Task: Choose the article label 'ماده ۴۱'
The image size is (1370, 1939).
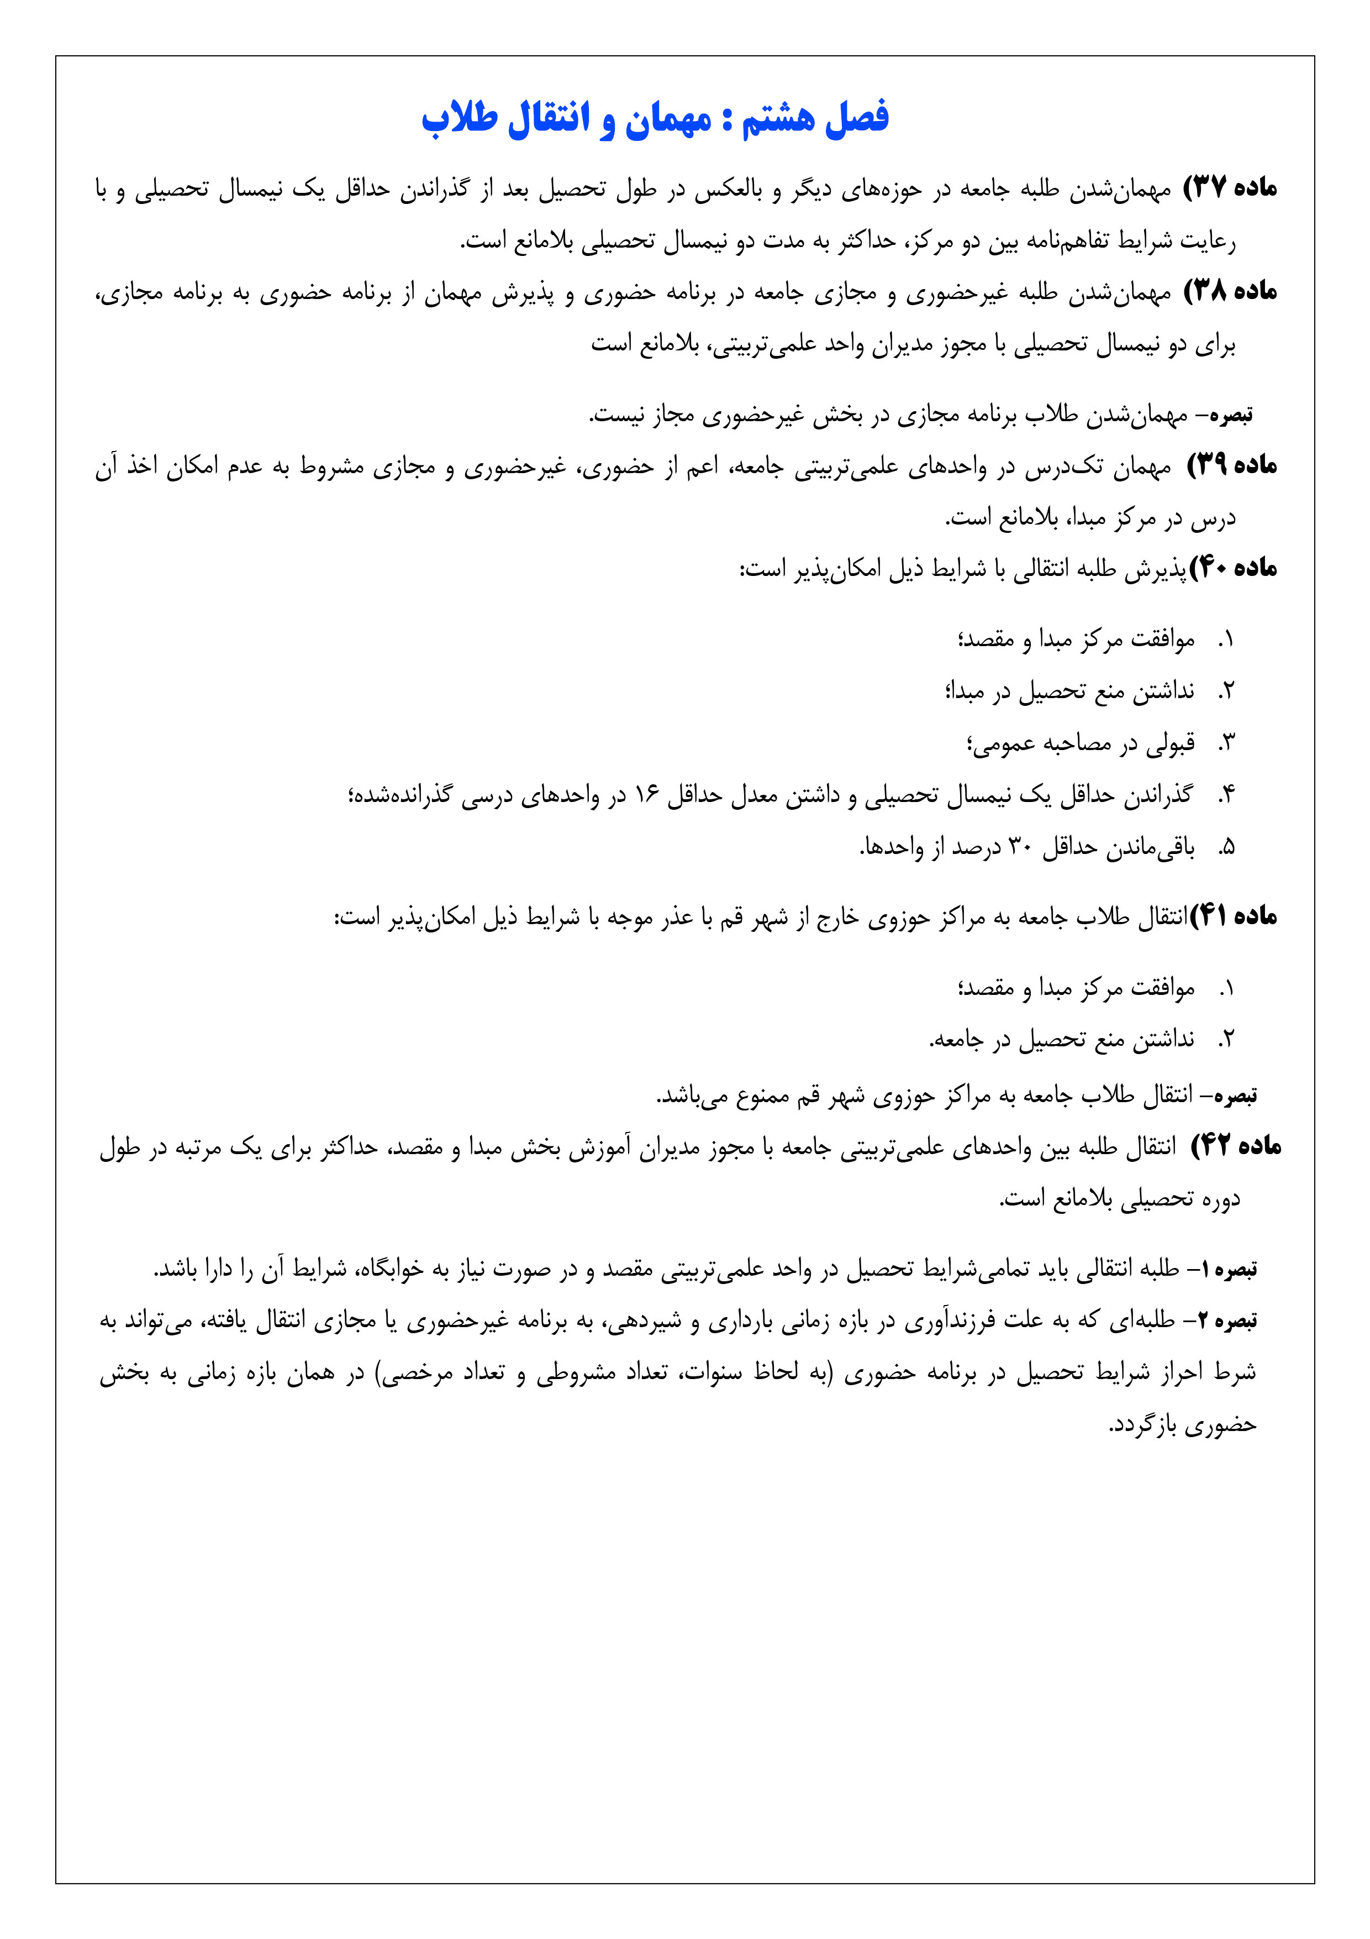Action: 1233,917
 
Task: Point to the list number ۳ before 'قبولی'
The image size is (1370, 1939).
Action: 1226,744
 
